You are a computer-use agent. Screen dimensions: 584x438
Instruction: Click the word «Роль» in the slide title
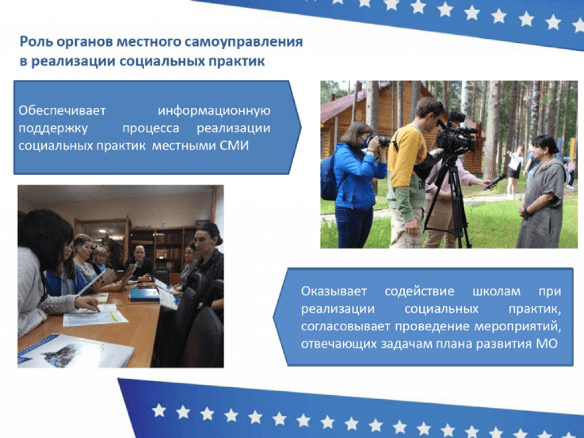coord(36,41)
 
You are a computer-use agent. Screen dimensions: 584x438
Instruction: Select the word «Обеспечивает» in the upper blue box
coord(62,111)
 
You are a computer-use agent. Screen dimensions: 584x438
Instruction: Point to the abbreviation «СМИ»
coord(234,145)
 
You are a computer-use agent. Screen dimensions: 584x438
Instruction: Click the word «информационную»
coord(214,111)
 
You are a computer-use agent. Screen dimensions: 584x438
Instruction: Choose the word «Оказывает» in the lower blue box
coord(334,291)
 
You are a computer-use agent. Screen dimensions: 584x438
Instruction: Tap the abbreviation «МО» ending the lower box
coord(547,343)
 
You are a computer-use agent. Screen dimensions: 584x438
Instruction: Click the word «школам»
coord(497,291)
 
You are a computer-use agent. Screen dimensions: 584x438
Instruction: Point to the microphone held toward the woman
coord(496,181)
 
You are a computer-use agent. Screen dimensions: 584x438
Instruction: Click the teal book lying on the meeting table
coord(144,295)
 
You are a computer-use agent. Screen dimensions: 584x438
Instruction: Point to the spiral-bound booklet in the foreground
coord(75,351)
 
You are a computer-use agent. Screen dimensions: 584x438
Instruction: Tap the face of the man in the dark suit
coord(139,254)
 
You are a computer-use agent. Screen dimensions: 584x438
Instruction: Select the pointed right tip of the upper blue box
coord(301,128)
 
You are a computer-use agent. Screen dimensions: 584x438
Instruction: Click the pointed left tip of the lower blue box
coord(274,317)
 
